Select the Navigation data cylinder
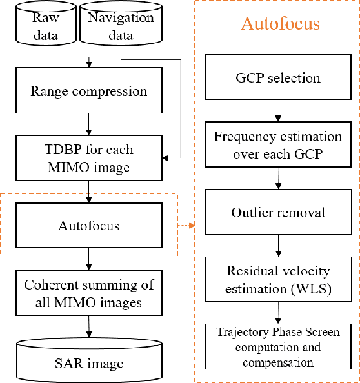121,26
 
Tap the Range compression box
88,91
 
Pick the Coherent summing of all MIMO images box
88,294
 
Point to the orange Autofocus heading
280,25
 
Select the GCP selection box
278,78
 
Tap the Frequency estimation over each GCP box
278,146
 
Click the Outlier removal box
278,212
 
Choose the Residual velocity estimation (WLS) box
278,279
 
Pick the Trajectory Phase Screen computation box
278,346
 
